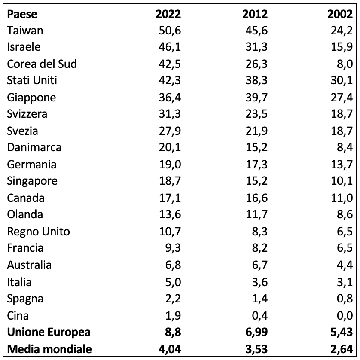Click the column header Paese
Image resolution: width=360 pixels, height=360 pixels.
tap(22, 14)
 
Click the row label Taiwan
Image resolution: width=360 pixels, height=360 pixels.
tap(25, 31)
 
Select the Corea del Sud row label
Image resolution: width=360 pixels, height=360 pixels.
tap(42, 64)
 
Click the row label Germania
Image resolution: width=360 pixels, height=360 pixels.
tap(32, 165)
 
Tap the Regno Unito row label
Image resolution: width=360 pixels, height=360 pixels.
tap(38, 232)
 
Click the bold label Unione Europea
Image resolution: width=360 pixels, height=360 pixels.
tap(43, 333)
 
